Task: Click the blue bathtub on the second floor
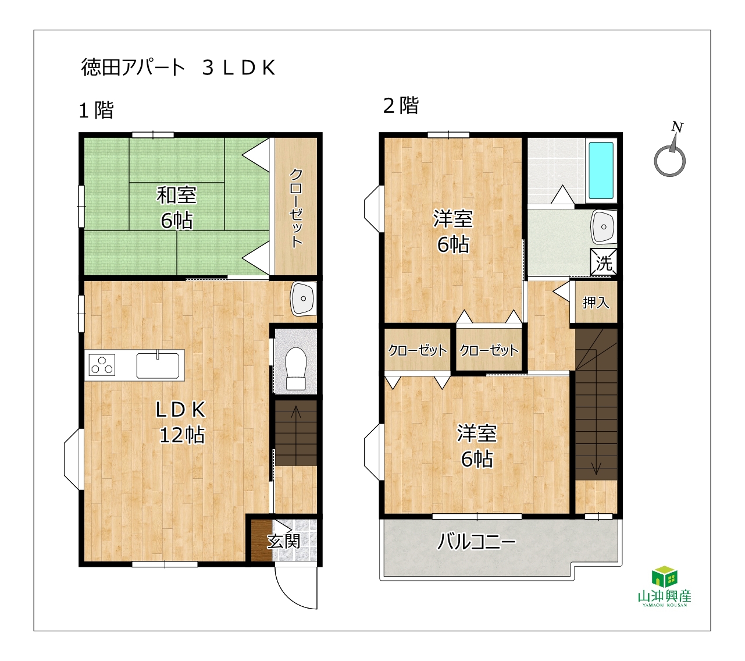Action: click(601, 170)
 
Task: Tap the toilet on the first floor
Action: click(295, 368)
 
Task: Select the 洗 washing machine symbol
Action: click(604, 261)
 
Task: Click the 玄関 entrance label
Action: click(283, 541)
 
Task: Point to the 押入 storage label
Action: click(596, 303)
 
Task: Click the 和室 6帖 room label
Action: click(176, 208)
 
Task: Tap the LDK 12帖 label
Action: click(181, 422)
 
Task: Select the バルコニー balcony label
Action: click(476, 542)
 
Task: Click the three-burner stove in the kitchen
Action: click(102, 364)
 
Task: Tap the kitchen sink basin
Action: click(158, 365)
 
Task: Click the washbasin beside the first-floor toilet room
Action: click(304, 298)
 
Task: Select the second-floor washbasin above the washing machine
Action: click(604, 226)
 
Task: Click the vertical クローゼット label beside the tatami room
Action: click(297, 208)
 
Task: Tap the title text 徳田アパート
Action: click(133, 67)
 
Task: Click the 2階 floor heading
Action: click(401, 105)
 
